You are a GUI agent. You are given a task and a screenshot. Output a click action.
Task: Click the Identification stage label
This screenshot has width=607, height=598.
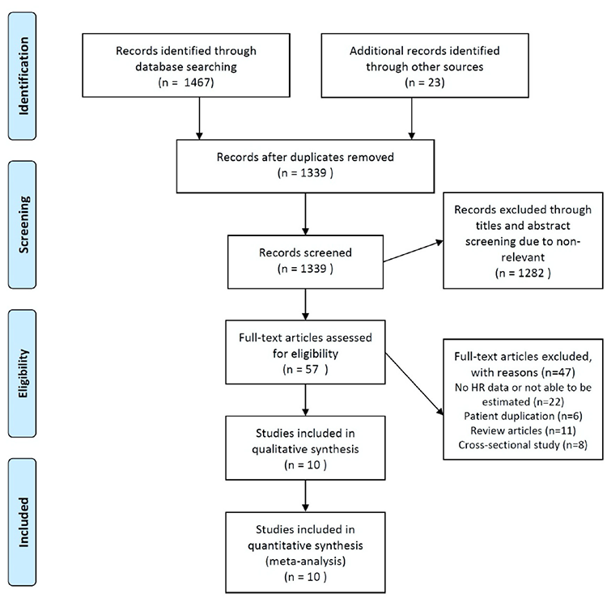point(23,76)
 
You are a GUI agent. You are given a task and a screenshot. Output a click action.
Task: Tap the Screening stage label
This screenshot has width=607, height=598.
point(23,224)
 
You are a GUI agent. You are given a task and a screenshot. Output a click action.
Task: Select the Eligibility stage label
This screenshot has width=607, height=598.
point(23,373)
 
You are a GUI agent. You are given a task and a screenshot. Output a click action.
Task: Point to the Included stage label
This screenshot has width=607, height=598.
point(23,522)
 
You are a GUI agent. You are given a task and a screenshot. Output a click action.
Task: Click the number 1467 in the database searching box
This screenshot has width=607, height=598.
point(197,83)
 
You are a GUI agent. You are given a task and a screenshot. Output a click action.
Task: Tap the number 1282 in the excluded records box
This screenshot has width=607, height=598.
point(531,273)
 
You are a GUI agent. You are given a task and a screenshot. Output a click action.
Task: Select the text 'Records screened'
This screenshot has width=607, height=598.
point(305,252)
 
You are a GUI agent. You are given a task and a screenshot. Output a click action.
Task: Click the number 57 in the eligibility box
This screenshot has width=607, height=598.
point(312,369)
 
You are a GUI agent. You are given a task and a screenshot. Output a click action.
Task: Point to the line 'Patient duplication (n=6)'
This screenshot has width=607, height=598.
point(523,416)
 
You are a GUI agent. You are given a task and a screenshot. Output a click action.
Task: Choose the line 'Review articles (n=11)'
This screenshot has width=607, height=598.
point(523,430)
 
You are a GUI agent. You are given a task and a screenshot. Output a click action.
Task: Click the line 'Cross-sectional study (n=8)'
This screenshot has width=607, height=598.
point(523,445)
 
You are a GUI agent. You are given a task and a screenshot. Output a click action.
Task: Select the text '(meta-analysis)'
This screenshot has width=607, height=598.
point(305,561)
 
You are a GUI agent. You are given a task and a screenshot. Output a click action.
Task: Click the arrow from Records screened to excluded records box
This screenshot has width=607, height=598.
point(413,251)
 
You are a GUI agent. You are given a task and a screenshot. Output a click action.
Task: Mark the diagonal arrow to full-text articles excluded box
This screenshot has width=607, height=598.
point(414,384)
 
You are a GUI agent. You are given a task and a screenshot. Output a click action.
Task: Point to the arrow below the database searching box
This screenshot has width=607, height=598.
point(199,118)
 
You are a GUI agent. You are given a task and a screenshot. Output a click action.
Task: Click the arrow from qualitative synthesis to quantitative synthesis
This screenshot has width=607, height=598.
point(305,496)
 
